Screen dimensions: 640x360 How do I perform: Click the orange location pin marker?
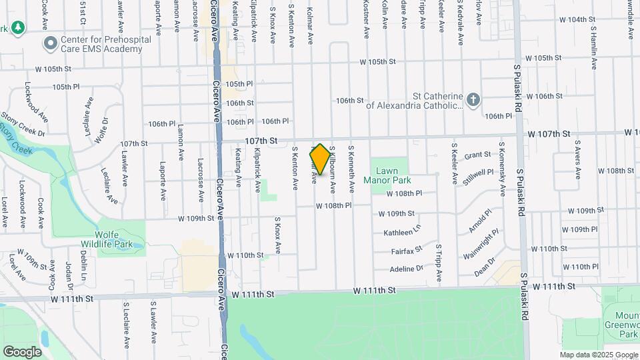pyautogui.click(x=319, y=159)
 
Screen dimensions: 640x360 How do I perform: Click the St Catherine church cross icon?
pyautogui.click(x=473, y=99)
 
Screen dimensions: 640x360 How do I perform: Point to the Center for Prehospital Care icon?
pyautogui.click(x=50, y=44)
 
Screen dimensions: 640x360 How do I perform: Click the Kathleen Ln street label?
pyautogui.click(x=403, y=232)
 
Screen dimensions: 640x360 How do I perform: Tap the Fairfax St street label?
pyautogui.click(x=407, y=251)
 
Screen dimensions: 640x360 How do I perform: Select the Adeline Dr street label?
pyautogui.click(x=407, y=269)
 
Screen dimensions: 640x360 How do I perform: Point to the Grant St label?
pyautogui.click(x=477, y=155)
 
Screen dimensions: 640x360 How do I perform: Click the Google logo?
pyautogui.click(x=22, y=351)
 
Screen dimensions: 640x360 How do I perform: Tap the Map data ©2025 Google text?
pyautogui.click(x=598, y=355)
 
